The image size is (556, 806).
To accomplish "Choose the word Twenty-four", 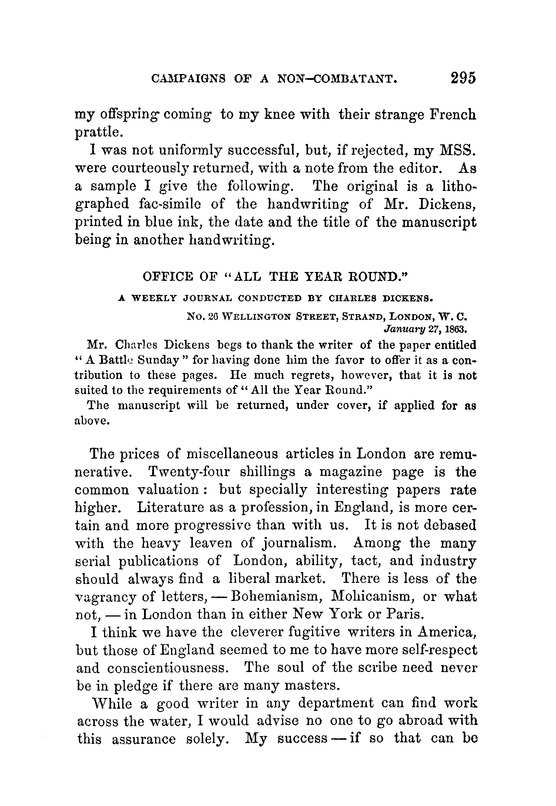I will [189, 472].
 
